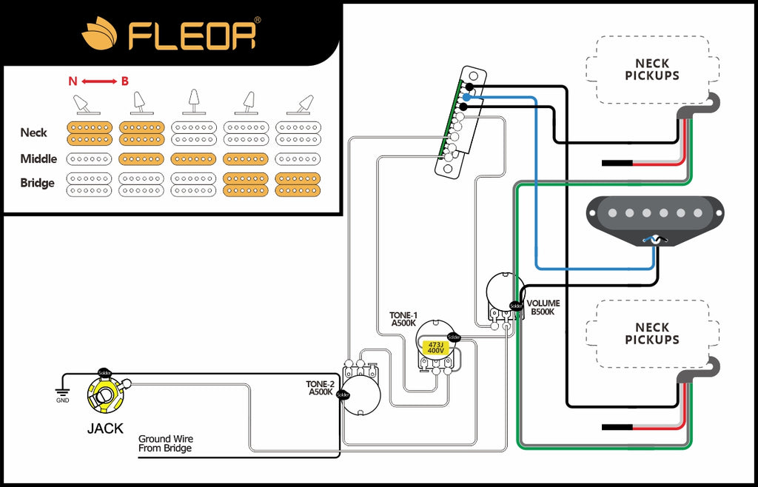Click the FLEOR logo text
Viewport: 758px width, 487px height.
click(192, 35)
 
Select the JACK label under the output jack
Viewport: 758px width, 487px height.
click(106, 428)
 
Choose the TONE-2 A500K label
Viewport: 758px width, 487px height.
click(321, 388)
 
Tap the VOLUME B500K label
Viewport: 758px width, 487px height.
click(543, 307)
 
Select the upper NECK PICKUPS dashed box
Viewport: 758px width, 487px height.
click(651, 70)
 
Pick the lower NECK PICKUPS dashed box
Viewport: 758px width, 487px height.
click(651, 333)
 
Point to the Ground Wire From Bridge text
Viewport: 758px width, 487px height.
click(165, 443)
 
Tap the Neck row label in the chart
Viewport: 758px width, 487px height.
click(34, 132)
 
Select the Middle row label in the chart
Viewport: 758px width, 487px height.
click(38, 158)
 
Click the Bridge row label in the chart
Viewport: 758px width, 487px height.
click(38, 183)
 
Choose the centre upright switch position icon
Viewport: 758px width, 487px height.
click(193, 101)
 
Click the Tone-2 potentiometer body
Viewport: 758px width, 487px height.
click(361, 391)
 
